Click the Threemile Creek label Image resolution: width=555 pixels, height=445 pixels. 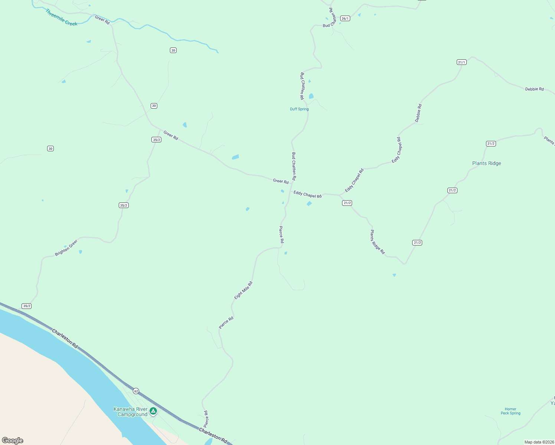(x=61, y=17)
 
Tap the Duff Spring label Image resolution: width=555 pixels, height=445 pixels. (x=299, y=109)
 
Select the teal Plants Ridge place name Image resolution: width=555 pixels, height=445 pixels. (x=486, y=163)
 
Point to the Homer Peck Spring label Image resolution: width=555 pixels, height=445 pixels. (x=510, y=411)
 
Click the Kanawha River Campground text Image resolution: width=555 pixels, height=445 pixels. (x=131, y=412)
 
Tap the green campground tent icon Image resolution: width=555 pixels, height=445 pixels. (x=153, y=411)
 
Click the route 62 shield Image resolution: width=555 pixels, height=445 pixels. (x=136, y=391)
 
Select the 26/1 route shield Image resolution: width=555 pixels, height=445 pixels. (x=345, y=19)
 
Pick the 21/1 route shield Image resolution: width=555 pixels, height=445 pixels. (x=462, y=62)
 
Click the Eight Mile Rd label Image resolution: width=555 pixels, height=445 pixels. (x=243, y=290)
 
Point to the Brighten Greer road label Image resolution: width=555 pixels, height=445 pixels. (x=66, y=248)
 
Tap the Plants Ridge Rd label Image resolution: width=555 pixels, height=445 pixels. (x=377, y=242)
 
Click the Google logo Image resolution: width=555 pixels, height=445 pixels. (x=13, y=440)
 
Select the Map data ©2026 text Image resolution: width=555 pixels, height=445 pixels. (x=539, y=442)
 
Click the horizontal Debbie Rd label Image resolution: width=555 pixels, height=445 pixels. (x=534, y=89)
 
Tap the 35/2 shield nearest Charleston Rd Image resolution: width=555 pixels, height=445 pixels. (x=27, y=306)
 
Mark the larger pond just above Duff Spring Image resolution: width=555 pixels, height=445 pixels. (x=311, y=96)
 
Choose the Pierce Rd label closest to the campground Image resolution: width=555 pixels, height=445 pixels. (x=206, y=419)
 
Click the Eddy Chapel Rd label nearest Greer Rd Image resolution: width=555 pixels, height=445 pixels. (x=308, y=194)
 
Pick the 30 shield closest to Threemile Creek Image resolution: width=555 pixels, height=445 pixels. (x=173, y=50)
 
